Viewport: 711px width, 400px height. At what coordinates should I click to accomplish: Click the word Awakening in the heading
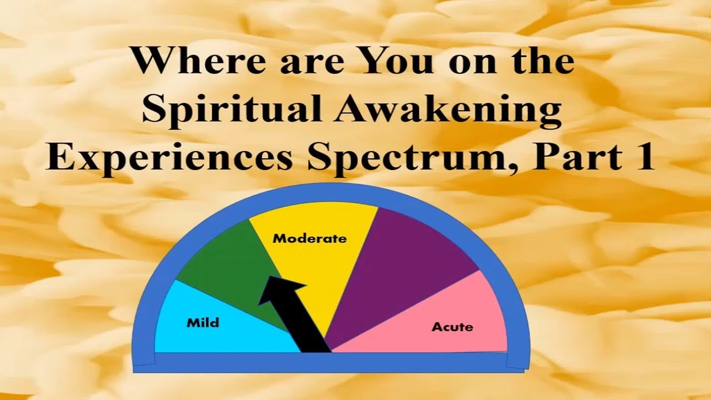[447, 109]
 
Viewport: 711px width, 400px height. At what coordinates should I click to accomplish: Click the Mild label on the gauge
[203, 322]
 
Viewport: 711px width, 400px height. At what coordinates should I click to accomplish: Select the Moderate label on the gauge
[309, 238]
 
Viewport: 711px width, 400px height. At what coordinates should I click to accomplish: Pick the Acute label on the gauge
[452, 326]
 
